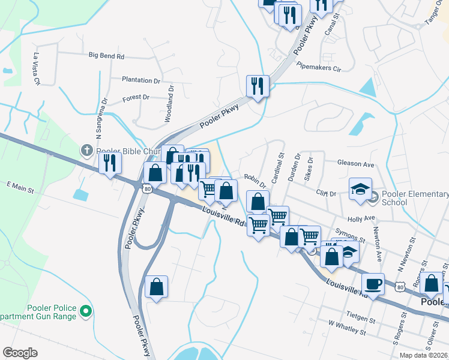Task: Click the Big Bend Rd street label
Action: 106,56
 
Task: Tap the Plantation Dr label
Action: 141,80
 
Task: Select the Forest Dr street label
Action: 136,97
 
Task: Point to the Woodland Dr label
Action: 170,104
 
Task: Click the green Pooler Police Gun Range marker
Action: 85,311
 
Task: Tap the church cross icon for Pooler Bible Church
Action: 87,150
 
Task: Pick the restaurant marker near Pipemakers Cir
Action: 258,86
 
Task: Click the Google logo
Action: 20,352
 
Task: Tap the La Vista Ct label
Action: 37,68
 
